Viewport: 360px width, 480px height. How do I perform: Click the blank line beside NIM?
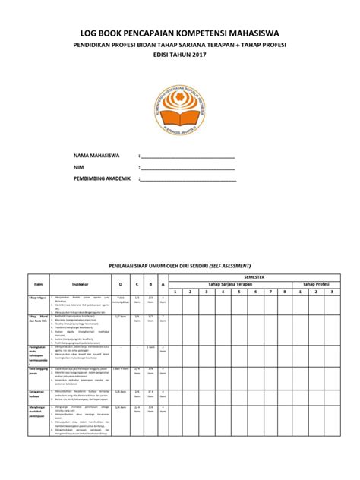click(x=188, y=169)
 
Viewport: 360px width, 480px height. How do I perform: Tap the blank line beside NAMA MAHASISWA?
click(x=188, y=157)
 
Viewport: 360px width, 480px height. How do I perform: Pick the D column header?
click(x=121, y=285)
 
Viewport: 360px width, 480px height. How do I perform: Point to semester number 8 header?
click(x=284, y=291)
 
